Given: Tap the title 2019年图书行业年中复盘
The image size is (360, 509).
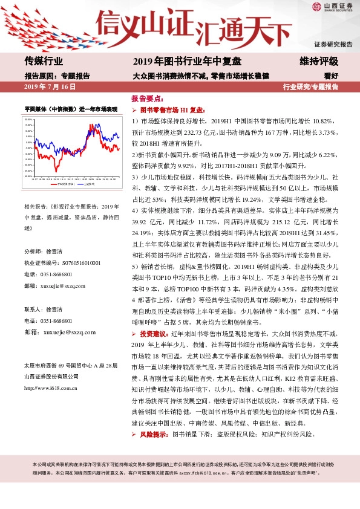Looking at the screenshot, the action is pos(187,61).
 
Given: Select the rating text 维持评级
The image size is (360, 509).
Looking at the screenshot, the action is pos(318,61).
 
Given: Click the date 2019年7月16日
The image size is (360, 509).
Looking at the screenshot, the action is pos(50,87).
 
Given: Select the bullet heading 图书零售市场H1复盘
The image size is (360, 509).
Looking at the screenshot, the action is pos(173,111).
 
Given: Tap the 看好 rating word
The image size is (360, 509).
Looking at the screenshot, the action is pos(330,76).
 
